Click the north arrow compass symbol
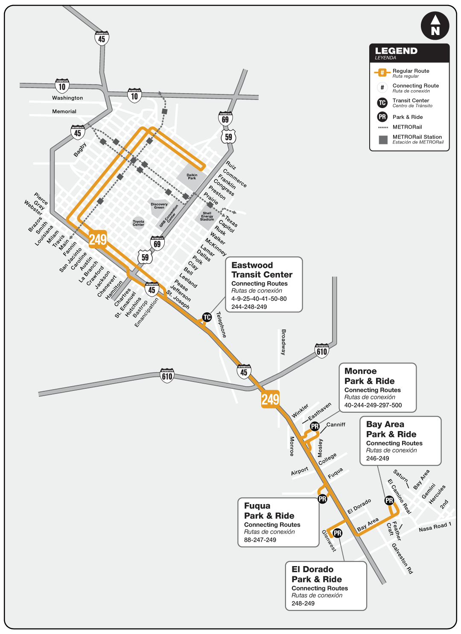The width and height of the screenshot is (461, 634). coord(435,26)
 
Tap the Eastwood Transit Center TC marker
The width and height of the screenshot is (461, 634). coord(207,317)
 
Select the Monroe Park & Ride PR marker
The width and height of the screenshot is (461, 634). coord(315,426)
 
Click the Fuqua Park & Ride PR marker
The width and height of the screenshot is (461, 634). coord(322,499)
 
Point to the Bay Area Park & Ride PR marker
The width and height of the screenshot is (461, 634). coord(389,500)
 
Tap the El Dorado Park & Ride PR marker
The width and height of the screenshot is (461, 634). coord(337,533)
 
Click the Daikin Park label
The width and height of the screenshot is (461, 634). coord(192,176)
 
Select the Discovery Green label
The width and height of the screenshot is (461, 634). coord(159,206)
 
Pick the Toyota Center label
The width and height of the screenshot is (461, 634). coord(138,223)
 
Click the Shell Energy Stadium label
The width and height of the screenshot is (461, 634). coord(207,216)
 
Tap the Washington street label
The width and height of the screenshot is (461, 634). coord(67,98)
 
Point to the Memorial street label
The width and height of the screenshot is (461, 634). coord(64,112)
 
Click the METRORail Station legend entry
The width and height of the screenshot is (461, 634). coord(417,139)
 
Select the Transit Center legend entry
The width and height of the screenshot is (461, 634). coord(411,103)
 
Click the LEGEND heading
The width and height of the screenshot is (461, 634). coord(396,51)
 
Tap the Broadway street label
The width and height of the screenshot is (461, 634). coord(283,342)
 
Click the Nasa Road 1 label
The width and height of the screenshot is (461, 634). coord(435,527)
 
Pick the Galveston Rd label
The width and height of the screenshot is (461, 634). coord(402,558)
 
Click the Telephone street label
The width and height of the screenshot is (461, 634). coord(221,325)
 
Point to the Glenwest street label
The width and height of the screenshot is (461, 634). coord(329,540)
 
